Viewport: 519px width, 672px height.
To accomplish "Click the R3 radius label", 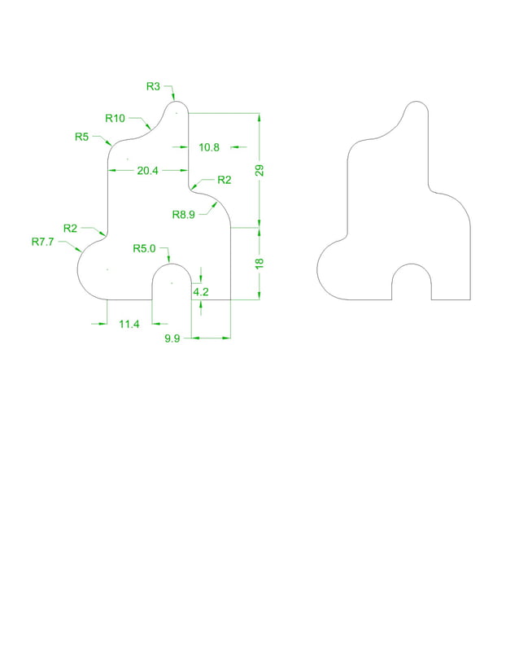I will [154, 85].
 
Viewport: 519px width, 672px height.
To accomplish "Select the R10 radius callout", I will [115, 118].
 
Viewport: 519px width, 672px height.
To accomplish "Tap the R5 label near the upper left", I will [81, 137].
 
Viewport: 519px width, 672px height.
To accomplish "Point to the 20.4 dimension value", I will [148, 171].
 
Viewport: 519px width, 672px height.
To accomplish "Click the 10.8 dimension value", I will [209, 147].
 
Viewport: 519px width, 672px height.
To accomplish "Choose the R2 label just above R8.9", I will [224, 180].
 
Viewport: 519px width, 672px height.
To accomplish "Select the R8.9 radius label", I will [184, 214].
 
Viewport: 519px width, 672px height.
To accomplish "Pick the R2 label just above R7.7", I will [70, 228].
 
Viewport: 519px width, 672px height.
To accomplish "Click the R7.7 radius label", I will [42, 242].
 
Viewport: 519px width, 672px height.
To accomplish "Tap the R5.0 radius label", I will [144, 248].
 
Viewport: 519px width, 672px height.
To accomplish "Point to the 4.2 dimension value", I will [201, 291].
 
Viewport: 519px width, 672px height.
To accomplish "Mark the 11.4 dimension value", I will [129, 324].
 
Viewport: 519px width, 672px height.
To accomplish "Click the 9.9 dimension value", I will [172, 338].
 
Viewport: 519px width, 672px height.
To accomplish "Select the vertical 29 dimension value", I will [260, 171].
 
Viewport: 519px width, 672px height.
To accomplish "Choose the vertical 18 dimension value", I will [260, 264].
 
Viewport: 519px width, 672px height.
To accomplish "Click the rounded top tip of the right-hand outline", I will [417, 103].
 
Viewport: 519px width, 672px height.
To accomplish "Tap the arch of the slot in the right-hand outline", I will [412, 265].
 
